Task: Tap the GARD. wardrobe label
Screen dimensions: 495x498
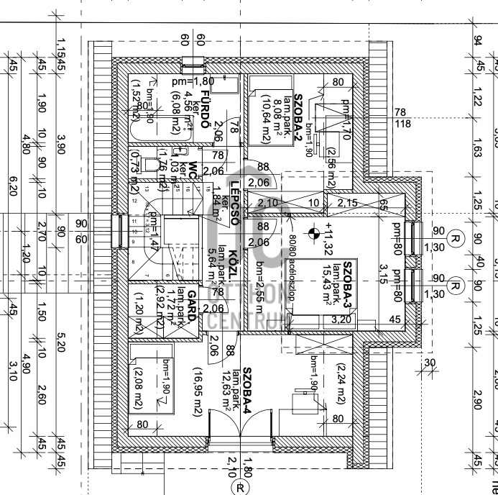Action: click(x=192, y=305)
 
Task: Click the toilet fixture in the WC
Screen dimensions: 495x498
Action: click(x=150, y=165)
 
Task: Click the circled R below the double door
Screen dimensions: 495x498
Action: click(x=240, y=487)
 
